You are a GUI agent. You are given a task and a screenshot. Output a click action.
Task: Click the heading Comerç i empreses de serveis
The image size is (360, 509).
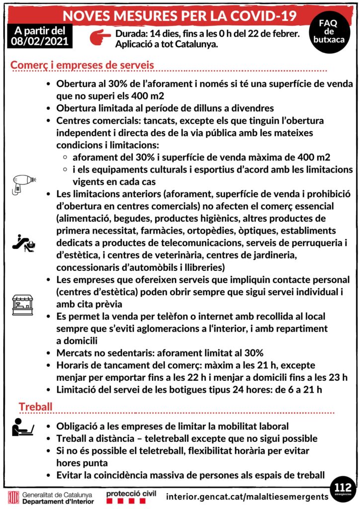click(x=82, y=65)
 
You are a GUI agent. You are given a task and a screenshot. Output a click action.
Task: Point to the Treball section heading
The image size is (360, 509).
click(x=35, y=407)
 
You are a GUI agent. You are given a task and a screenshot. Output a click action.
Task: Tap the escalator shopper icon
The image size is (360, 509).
click(x=24, y=243)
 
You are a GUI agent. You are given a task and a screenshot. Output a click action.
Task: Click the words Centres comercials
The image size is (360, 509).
click(x=91, y=121)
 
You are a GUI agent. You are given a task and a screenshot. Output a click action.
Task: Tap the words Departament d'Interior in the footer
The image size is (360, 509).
click(x=58, y=502)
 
